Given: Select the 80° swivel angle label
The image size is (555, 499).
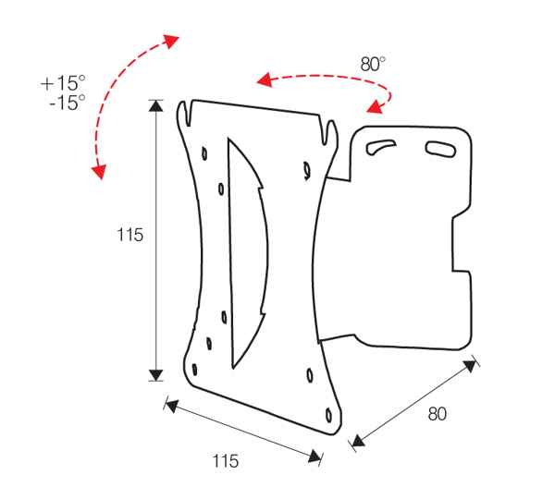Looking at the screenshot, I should coord(373,65).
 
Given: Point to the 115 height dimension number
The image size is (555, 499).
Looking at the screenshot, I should coord(129,236).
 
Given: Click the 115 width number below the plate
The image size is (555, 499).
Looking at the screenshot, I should coord(226,460).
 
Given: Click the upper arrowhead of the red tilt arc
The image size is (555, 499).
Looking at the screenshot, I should coord(172,39).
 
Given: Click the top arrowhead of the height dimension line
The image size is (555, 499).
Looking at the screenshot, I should coord(156,105).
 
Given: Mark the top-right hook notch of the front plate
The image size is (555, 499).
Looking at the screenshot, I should coord(327,129).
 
